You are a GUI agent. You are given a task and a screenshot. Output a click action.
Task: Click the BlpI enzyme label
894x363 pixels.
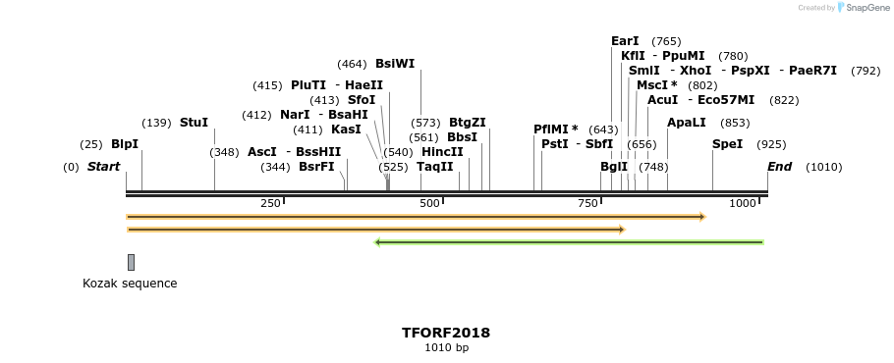(x=125, y=144)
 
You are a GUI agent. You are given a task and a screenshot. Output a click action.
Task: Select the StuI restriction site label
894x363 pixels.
(x=194, y=123)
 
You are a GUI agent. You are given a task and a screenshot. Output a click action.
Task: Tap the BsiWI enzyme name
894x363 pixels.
(x=395, y=64)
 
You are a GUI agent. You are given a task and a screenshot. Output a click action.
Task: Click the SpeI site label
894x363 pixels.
(x=727, y=144)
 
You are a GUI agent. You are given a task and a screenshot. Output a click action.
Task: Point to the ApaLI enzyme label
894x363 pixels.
(x=686, y=123)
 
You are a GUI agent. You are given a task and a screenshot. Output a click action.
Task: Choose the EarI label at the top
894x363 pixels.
(x=625, y=41)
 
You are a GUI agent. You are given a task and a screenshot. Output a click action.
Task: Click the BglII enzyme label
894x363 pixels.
(x=614, y=167)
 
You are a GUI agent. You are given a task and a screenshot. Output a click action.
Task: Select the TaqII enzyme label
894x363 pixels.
(x=435, y=167)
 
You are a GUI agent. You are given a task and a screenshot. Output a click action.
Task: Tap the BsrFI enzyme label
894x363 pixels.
(x=316, y=167)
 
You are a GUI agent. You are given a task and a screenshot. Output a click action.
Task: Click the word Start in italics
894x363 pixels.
(x=103, y=167)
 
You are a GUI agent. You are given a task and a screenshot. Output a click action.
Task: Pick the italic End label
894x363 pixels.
(x=779, y=167)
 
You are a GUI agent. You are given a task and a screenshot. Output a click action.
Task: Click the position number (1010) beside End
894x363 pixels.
(x=823, y=167)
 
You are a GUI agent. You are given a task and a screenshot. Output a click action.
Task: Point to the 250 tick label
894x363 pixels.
(x=270, y=203)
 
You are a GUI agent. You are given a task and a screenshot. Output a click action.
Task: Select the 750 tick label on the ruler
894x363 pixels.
(x=587, y=203)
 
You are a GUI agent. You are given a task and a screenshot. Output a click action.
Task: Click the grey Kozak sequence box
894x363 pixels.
(x=131, y=262)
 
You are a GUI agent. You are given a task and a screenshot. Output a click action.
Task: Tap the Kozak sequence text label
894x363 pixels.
(x=130, y=284)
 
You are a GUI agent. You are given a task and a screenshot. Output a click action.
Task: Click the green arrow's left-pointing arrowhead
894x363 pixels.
(x=377, y=242)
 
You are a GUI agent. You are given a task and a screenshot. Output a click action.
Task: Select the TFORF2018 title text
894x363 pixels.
(x=446, y=333)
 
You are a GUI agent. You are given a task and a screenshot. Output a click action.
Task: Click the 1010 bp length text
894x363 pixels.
(x=446, y=348)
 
